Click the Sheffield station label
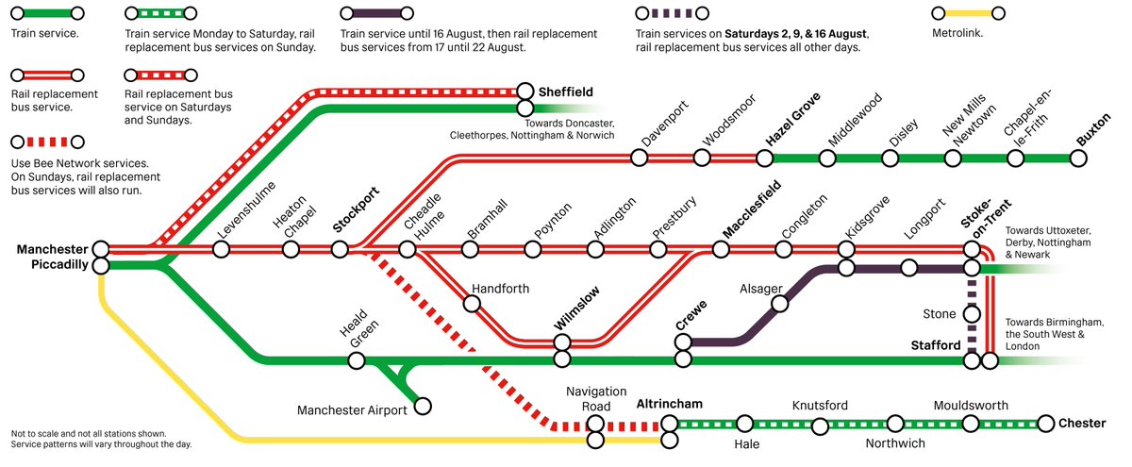(x=565, y=92)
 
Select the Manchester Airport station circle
(x=424, y=406)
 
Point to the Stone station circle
(x=973, y=314)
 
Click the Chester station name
(x=1082, y=424)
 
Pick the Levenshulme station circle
(x=221, y=250)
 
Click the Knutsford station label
(x=820, y=406)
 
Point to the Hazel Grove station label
(x=793, y=120)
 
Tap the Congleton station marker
(x=783, y=250)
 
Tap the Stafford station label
(x=936, y=346)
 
